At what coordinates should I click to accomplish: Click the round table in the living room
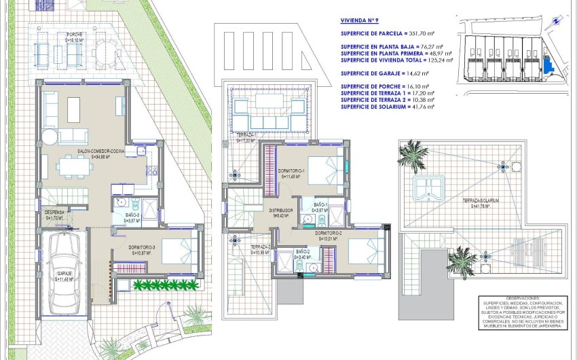pos(50,137)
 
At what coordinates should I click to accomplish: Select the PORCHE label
pos(75,36)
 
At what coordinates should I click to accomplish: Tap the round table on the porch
pos(106,50)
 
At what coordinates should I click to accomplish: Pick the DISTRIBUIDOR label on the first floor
pos(279,211)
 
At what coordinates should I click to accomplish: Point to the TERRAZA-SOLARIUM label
pos(481,201)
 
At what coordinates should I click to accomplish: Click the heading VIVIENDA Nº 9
pos(358,21)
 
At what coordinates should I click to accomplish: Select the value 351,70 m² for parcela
pos(423,32)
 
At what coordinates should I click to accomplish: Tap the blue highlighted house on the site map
pos(546,66)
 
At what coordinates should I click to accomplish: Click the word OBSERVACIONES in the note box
pos(521,298)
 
